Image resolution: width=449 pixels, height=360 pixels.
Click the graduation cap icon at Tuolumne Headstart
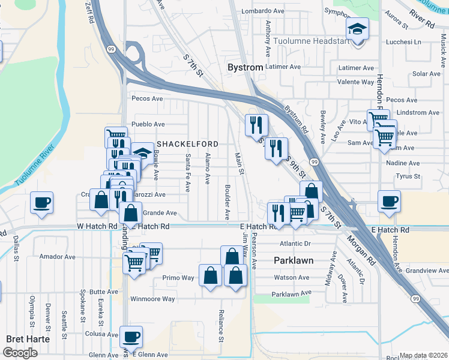357,28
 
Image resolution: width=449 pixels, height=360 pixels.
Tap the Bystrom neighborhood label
245,68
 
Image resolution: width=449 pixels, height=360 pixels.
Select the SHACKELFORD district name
187,145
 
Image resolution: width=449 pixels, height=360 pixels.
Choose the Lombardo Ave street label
262,11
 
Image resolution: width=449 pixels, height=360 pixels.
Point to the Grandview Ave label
427,271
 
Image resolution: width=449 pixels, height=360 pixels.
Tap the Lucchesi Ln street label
405,43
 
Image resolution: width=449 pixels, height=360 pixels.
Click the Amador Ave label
57,256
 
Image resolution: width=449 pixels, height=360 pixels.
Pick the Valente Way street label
356,82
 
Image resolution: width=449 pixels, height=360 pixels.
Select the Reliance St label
221,326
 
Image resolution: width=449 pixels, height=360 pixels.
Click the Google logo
20,353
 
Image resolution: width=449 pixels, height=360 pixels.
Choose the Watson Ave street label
291,278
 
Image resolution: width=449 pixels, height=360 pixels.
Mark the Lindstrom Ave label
418,113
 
